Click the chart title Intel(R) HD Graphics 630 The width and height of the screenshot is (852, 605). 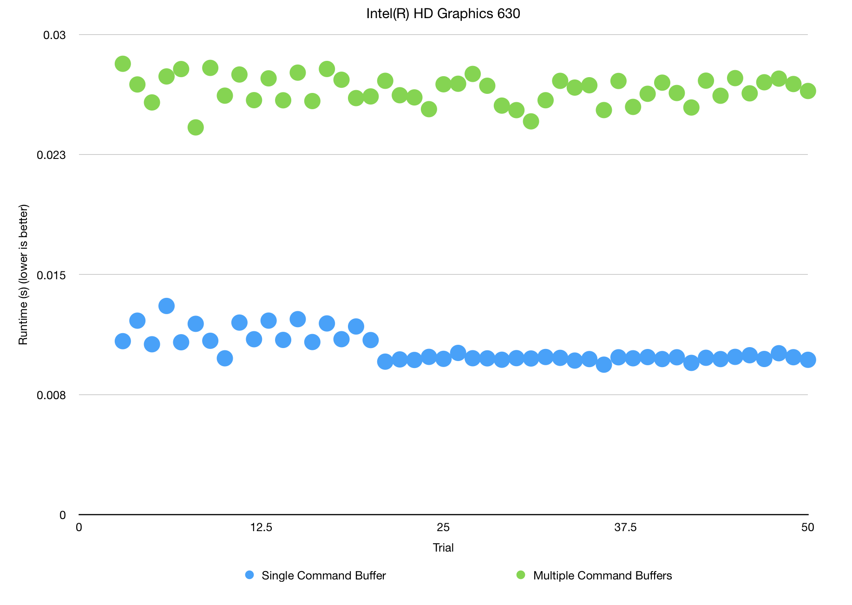click(x=443, y=13)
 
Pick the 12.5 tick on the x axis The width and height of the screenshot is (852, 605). click(x=261, y=527)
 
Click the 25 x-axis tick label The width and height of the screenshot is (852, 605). click(x=443, y=527)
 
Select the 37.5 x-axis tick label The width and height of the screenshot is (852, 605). click(x=625, y=527)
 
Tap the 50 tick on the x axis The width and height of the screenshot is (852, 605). click(x=807, y=527)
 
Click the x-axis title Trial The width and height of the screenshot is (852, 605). click(x=443, y=548)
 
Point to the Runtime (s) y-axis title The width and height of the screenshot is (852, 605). click(x=23, y=275)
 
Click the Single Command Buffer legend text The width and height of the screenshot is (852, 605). click(x=323, y=576)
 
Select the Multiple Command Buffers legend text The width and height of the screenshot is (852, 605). click(x=602, y=576)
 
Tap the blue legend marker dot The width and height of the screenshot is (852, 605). click(x=249, y=575)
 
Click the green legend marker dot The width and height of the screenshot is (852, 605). click(x=521, y=575)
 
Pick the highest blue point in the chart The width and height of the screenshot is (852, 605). click(x=166, y=306)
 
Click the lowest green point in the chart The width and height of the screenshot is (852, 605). click(x=196, y=127)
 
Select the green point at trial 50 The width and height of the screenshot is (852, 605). click(x=808, y=91)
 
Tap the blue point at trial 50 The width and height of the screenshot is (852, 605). click(x=808, y=360)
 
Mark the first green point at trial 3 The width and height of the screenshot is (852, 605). click(x=123, y=64)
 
